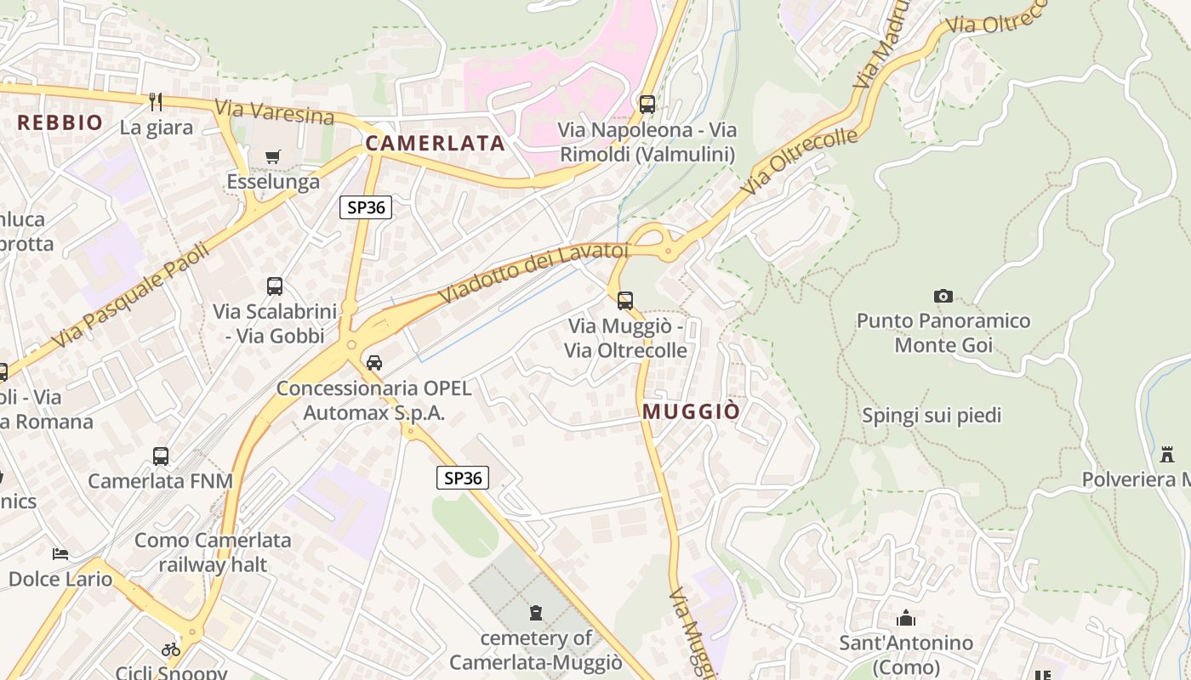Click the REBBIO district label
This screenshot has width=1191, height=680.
(x=60, y=122)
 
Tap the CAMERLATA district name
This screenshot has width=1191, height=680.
(x=436, y=144)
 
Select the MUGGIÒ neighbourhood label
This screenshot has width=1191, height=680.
(x=691, y=411)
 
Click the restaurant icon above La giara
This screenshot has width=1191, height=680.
(x=156, y=102)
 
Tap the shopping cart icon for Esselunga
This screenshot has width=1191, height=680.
(x=273, y=156)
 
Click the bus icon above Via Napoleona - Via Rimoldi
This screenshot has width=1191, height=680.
(x=647, y=105)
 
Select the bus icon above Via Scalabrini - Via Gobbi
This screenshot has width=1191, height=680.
(x=275, y=286)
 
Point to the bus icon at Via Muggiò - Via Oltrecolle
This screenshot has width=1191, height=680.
(x=625, y=300)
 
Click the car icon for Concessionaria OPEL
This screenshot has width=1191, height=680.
(x=374, y=363)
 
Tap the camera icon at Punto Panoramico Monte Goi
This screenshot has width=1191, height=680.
(x=943, y=296)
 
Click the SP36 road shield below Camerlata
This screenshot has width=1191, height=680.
(x=366, y=207)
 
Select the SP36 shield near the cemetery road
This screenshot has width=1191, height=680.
(x=463, y=478)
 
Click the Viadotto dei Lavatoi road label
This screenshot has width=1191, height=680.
(x=533, y=271)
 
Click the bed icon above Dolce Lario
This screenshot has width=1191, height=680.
(x=60, y=554)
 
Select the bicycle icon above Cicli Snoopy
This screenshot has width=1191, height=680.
(x=171, y=649)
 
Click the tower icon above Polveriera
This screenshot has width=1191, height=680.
(x=1167, y=454)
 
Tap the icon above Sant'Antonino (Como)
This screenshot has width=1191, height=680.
(x=906, y=618)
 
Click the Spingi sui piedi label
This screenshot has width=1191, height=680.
(x=932, y=416)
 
